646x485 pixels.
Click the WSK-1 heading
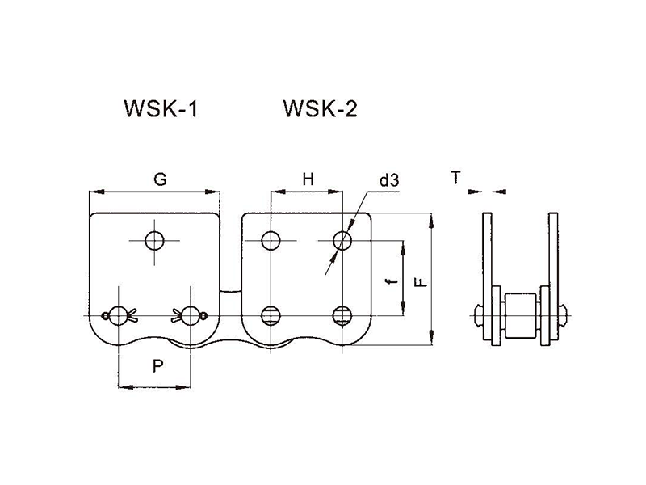point(161,109)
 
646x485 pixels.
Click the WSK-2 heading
point(320,109)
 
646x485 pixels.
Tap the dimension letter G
point(160,179)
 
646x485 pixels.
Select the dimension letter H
point(308,179)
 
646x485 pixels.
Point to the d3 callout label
point(389,180)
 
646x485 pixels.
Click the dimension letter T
point(455,178)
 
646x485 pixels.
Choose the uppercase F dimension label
point(421,282)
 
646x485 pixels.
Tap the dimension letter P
point(157,366)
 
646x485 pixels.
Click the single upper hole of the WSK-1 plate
point(154,240)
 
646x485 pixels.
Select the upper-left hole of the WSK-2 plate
point(271,240)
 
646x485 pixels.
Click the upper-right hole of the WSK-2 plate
point(342,240)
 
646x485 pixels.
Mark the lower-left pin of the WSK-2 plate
point(271,316)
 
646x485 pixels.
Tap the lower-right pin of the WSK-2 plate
point(342,316)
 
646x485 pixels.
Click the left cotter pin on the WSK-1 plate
point(120,315)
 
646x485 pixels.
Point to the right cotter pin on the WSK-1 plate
point(190,315)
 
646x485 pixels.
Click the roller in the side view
point(520,315)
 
